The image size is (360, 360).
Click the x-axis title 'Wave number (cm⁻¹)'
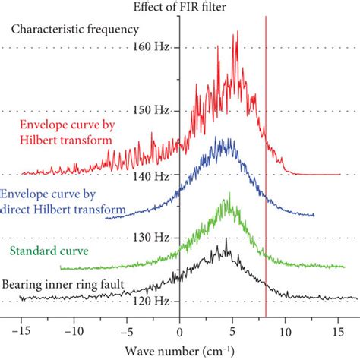tap(180, 350)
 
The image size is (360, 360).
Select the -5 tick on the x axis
tap(127, 331)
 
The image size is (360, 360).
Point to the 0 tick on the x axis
tap(180, 331)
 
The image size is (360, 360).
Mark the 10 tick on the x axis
tap(285, 331)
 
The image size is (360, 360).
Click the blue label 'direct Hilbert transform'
tap(50, 205)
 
